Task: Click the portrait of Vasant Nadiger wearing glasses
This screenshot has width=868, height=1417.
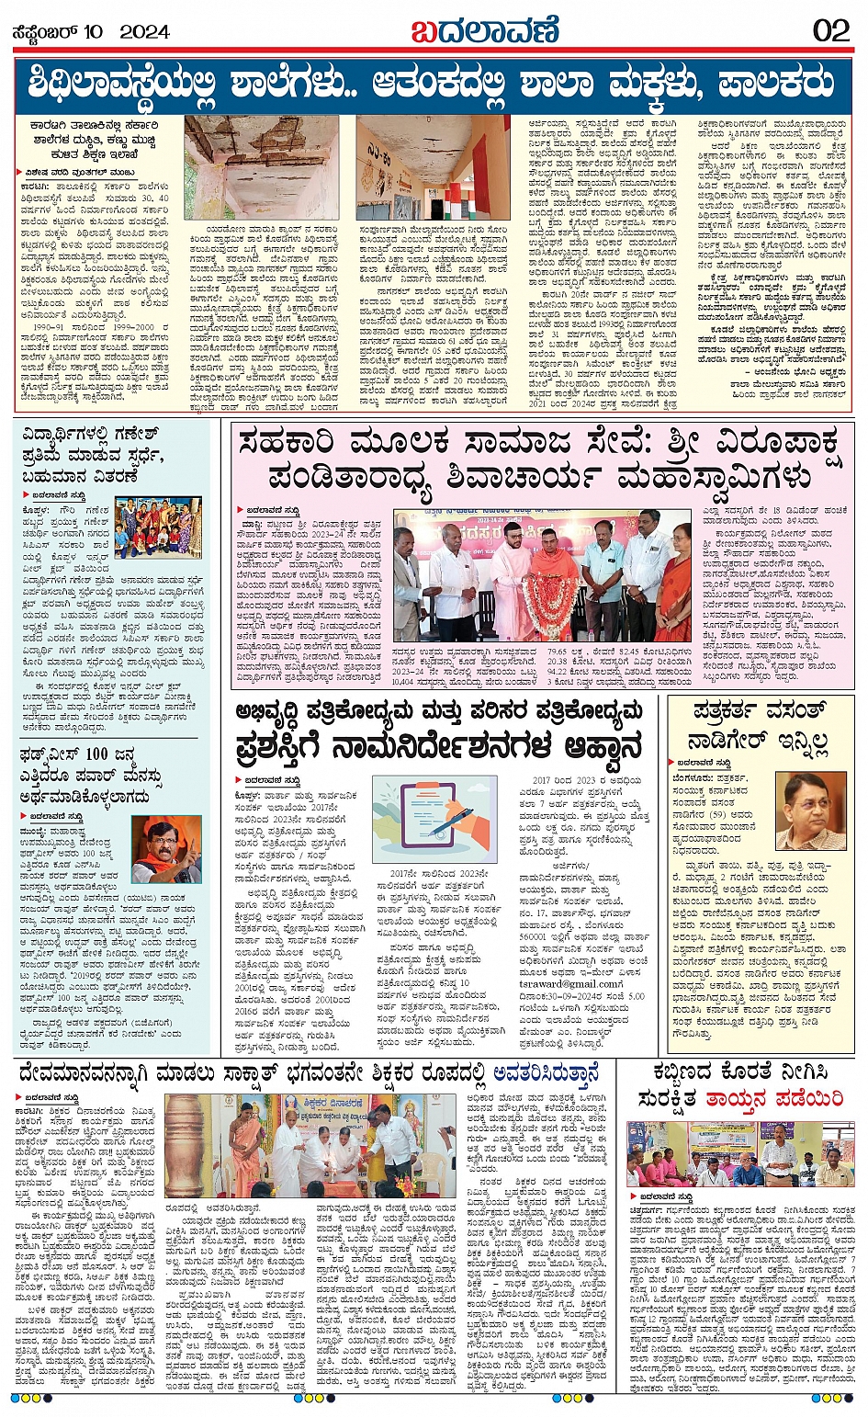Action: [x=812, y=811]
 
